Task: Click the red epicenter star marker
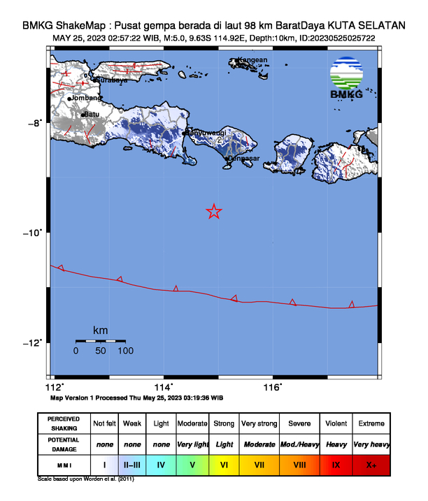215,211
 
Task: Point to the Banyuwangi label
206,133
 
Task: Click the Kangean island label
252,60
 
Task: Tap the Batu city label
92,115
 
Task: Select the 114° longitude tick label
163,387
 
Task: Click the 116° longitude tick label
272,387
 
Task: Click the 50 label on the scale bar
101,351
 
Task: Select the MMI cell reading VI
224,464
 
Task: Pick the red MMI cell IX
336,464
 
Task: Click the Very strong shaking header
259,424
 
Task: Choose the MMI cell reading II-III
132,464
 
